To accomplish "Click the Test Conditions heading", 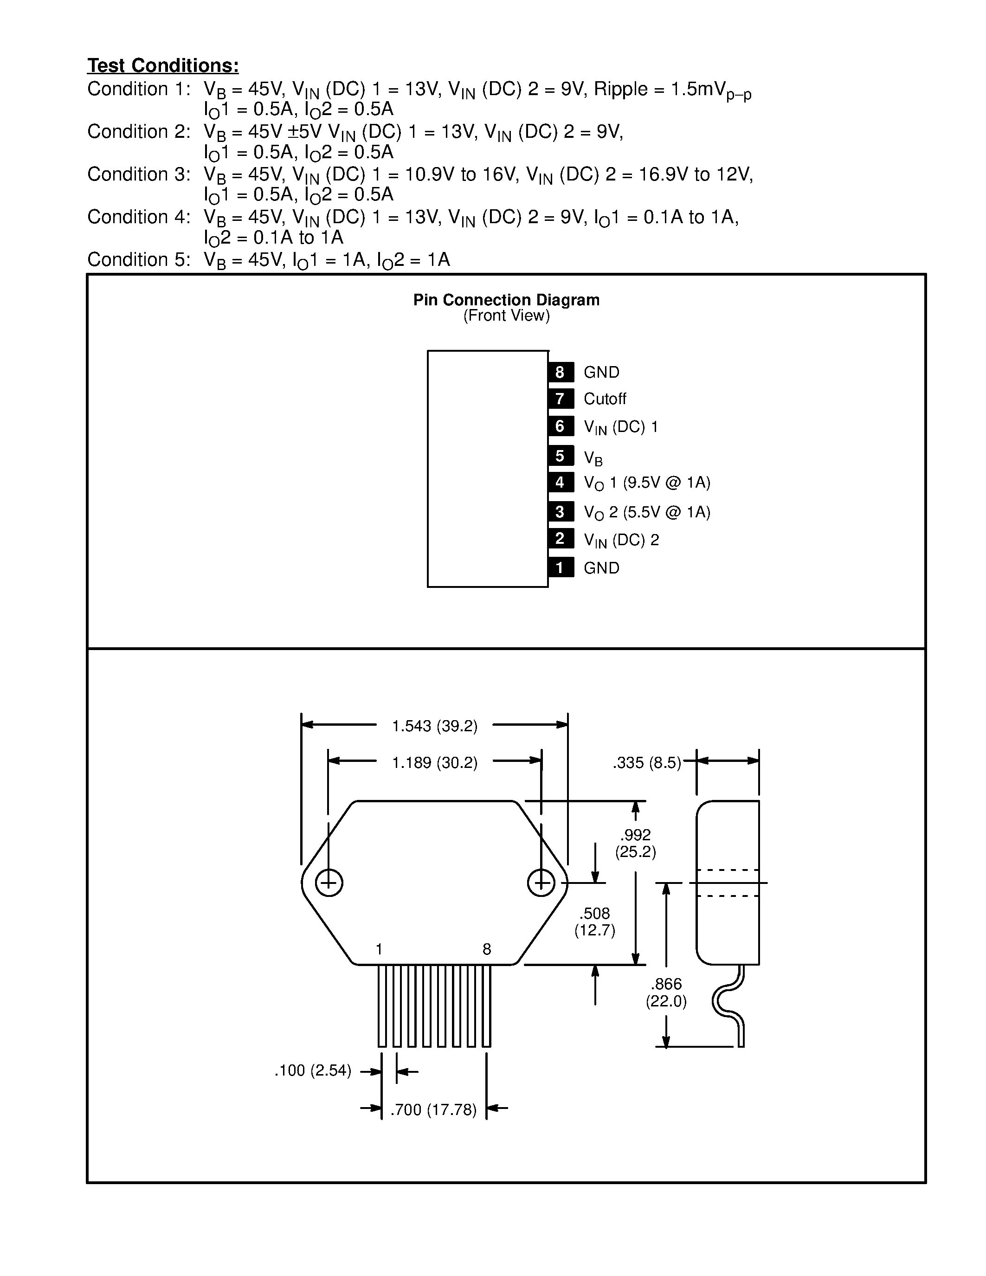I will click(163, 65).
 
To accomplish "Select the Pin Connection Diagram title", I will click(506, 300).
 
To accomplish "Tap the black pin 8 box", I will click(560, 372).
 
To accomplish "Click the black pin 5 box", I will click(560, 456).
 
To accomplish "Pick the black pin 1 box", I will click(560, 567).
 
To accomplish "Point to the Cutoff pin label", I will click(605, 399).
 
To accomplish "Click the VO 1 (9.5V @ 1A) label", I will click(647, 483).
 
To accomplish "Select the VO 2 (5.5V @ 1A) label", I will click(647, 512).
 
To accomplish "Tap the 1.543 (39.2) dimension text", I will click(435, 726).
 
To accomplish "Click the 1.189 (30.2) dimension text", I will click(435, 762).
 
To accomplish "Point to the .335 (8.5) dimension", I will click(647, 762).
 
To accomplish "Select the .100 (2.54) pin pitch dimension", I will click(313, 1070).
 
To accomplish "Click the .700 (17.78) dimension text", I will click(433, 1109).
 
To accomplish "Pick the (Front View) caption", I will click(506, 316).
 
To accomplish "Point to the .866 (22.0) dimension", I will click(666, 992).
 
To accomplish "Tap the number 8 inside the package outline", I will click(487, 949).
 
